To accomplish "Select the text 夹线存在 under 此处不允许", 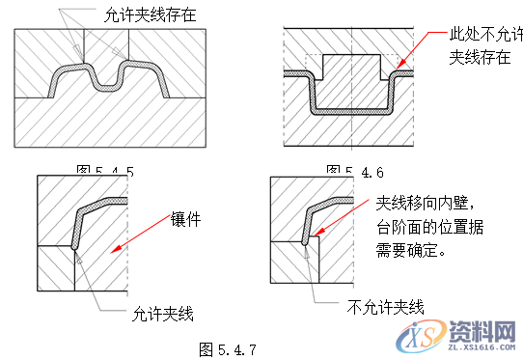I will (480, 57).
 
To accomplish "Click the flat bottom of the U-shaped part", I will (351, 111).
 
